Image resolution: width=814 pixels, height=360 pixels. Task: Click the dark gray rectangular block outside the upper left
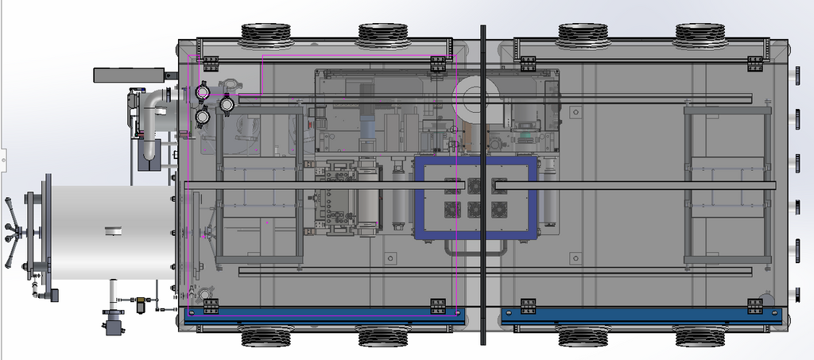point(130,75)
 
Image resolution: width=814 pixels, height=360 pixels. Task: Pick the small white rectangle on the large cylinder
point(114,231)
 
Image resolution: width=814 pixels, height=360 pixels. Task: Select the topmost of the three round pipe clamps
point(202,92)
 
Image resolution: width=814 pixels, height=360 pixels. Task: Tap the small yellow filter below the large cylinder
point(141,303)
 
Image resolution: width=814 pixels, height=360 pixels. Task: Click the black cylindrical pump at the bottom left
point(116,323)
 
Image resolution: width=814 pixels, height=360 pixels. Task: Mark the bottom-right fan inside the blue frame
point(499,209)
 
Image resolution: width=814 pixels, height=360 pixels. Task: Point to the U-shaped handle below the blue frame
point(477,250)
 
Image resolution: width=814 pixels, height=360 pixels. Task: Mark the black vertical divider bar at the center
point(483,183)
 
